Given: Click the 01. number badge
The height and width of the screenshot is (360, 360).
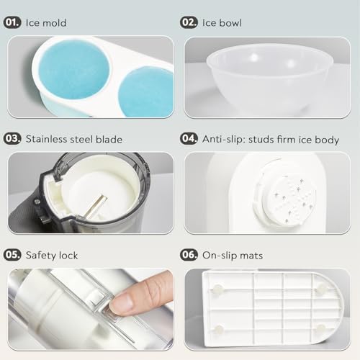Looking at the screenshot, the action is [x=12, y=22].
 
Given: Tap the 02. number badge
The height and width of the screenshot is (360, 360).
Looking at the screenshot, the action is [x=189, y=22].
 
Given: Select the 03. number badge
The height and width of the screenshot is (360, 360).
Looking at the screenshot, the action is [x=12, y=139].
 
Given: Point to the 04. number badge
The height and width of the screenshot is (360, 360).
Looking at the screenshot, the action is [x=189, y=139].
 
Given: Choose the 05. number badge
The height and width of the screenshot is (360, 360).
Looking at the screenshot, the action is [x=12, y=255].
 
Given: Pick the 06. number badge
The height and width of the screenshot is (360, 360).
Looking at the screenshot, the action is [x=189, y=255].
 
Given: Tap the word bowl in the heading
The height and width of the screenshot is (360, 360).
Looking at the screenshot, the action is [x=230, y=23].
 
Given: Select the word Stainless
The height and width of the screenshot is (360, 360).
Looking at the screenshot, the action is [x=46, y=139].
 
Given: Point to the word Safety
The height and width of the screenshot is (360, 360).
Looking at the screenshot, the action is [x=41, y=256].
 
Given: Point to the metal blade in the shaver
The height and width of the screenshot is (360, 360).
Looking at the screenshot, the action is [x=96, y=207].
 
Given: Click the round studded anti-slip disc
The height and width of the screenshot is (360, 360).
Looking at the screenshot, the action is [x=289, y=199].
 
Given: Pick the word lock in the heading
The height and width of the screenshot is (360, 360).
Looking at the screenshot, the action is [x=68, y=256].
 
